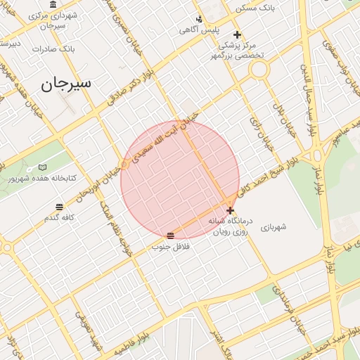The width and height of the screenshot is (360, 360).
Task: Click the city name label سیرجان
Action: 66,83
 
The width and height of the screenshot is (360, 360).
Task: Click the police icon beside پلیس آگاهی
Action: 200,19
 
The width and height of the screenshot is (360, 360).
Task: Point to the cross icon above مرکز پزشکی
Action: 238,34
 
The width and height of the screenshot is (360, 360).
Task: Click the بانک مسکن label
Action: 257,8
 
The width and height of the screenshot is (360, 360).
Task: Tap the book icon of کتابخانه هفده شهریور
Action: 43,167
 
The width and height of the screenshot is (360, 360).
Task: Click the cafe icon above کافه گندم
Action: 59,207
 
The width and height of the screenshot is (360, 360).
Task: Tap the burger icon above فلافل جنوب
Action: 171,235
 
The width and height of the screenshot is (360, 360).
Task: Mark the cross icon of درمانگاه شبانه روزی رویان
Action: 231,210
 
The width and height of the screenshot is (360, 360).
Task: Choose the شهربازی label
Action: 274,227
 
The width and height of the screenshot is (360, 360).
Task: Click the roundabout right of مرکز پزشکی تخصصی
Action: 259,69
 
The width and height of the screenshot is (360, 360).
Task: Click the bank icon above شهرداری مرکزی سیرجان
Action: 53,4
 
